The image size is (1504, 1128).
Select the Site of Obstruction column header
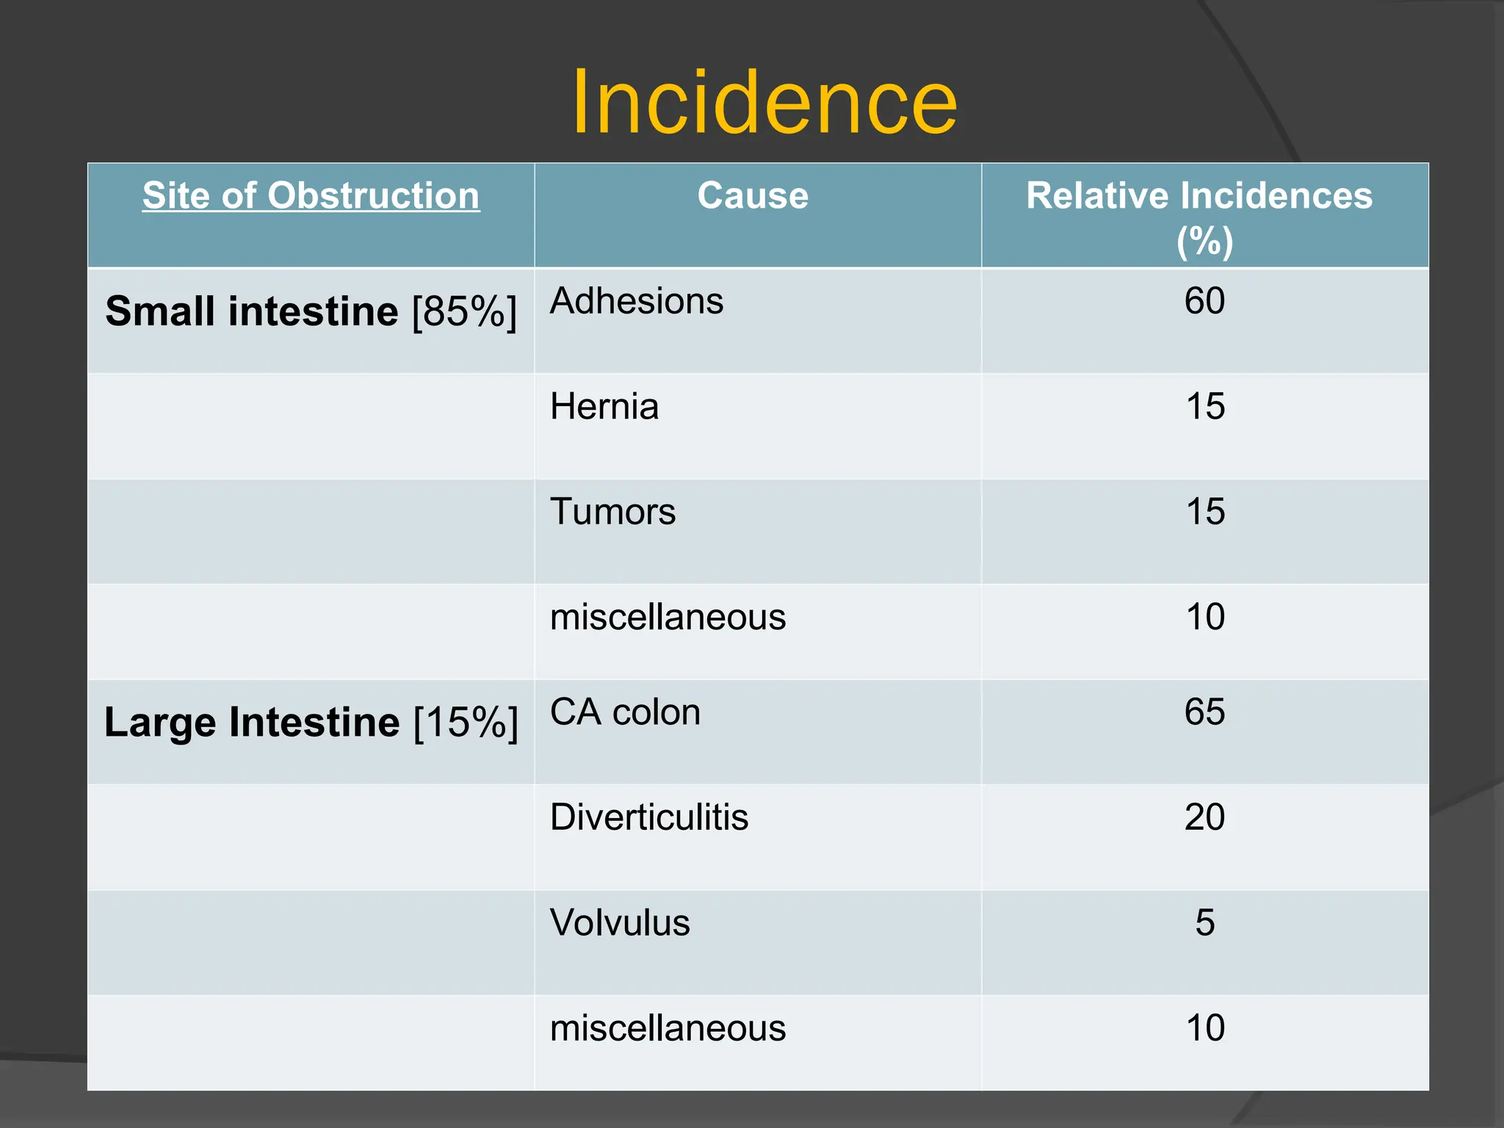tap(311, 196)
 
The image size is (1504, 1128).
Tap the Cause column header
tap(753, 196)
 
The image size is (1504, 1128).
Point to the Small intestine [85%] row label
tap(311, 311)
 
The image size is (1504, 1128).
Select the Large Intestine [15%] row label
tap(311, 722)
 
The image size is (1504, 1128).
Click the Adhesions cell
tap(637, 301)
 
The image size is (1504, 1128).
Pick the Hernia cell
tap(604, 406)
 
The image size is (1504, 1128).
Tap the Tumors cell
tap(612, 511)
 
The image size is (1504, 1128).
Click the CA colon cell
tap(625, 712)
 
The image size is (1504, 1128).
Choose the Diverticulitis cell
tap(649, 817)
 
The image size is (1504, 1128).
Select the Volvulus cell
tap(620, 922)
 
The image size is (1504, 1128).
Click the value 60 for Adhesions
tap(1204, 301)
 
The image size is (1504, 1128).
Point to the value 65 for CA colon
tap(1204, 712)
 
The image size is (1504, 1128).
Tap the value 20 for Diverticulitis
tap(1204, 817)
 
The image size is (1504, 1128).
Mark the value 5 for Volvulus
tap(1204, 922)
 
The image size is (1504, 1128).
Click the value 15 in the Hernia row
tap(1204, 406)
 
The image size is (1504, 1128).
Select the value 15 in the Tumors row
tap(1204, 511)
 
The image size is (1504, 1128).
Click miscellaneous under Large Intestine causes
tap(668, 1028)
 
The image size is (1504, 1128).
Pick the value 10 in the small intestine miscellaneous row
tap(1204, 617)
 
